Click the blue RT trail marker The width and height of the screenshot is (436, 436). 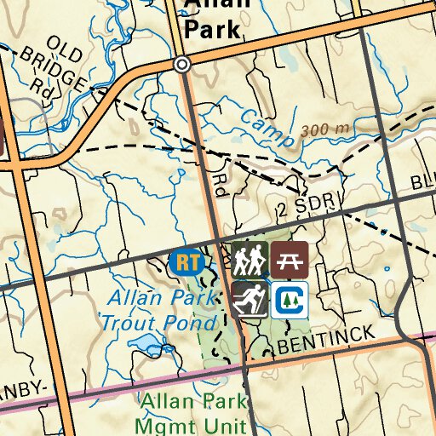[x=186, y=261]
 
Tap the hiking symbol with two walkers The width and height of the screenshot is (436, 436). [x=250, y=259]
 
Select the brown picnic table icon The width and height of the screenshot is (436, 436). [x=290, y=259]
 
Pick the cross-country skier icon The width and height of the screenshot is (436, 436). [x=250, y=299]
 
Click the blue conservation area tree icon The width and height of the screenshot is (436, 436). [x=290, y=299]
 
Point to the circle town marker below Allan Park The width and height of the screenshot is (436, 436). [x=181, y=65]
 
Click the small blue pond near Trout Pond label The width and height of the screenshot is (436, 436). [x=147, y=347]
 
